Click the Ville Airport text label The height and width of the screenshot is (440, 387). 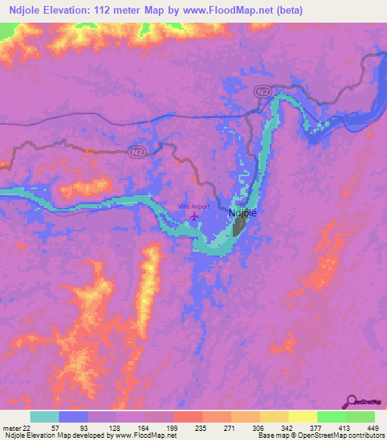tap(193, 206)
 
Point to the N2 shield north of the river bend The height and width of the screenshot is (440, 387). tap(262, 91)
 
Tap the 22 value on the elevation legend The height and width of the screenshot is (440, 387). tap(29, 428)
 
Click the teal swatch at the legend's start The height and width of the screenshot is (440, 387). tap(44, 417)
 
